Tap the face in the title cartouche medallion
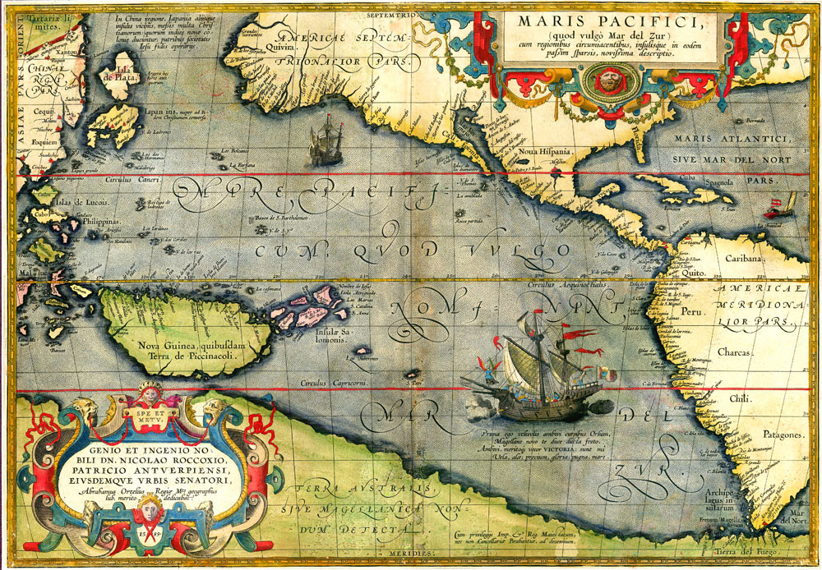tap(609, 80)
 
